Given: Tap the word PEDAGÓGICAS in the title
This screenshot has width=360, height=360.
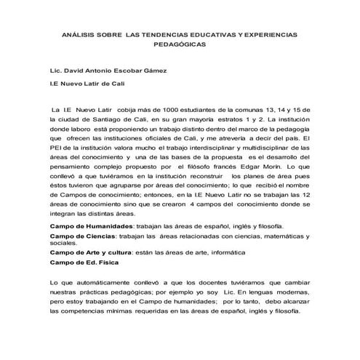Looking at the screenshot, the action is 180,44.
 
